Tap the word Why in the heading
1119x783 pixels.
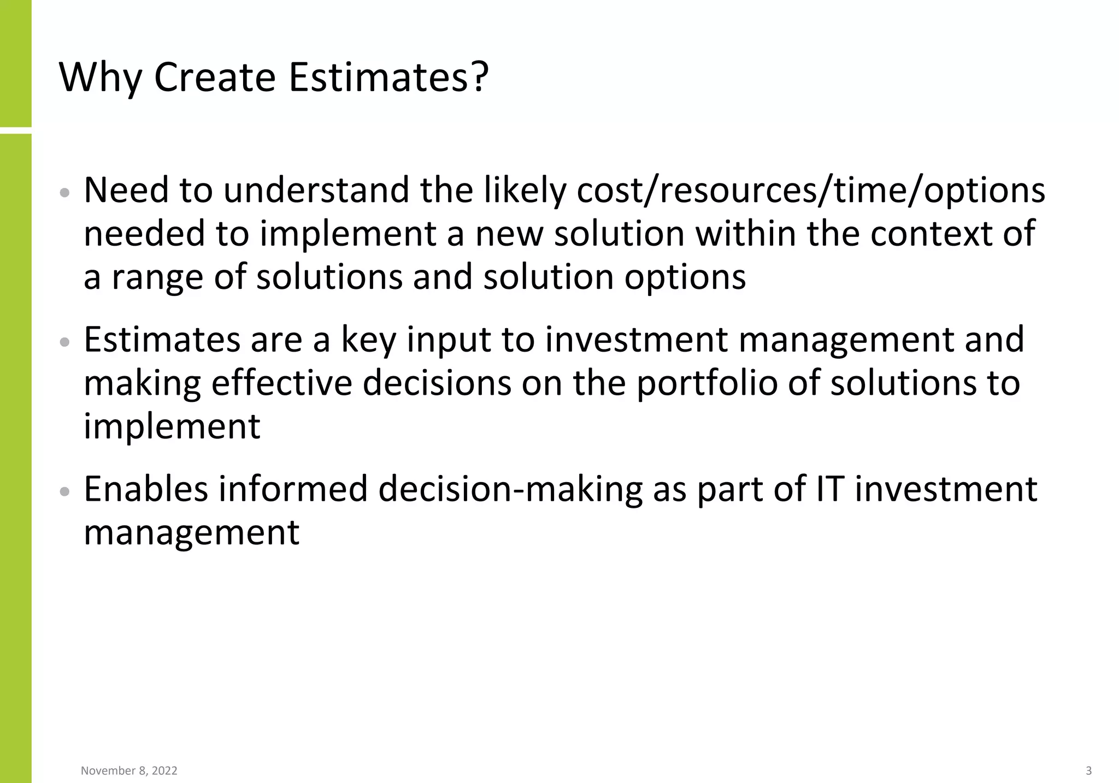100,78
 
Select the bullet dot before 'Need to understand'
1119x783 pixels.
65,193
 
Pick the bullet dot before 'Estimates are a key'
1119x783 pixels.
65,342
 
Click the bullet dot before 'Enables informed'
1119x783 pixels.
65,491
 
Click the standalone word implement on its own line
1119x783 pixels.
172,426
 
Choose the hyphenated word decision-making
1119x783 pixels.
510,489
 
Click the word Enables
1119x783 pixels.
146,489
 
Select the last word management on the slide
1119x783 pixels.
191,532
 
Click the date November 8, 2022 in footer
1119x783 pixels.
129,770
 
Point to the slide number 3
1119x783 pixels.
1088,770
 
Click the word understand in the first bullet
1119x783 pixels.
316,191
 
